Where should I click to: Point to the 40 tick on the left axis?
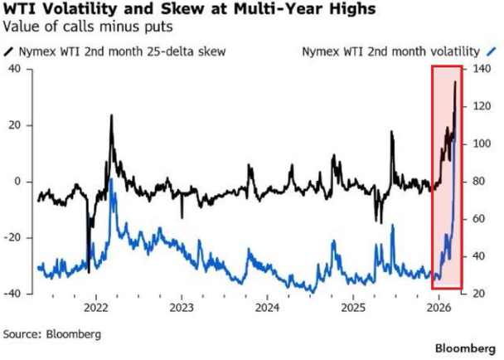[14, 69]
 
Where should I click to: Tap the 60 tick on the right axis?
[480, 219]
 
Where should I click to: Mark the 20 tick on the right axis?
[480, 294]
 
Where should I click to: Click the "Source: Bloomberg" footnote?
[53, 334]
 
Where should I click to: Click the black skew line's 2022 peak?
[111, 115]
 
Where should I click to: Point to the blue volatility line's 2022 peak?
[111, 178]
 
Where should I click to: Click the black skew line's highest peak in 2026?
[455, 82]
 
